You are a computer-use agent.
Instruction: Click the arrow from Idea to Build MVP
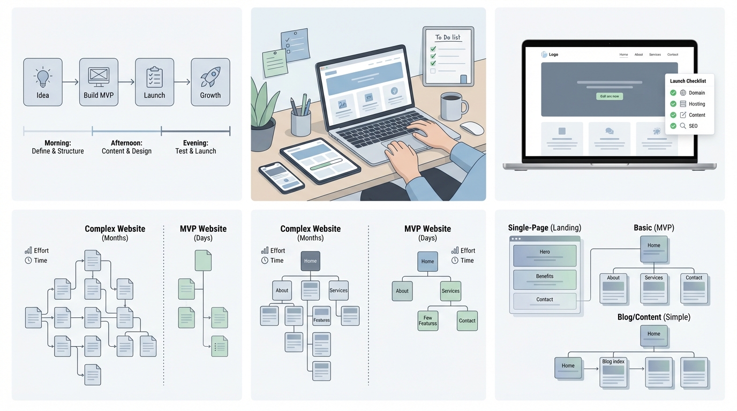coord(71,82)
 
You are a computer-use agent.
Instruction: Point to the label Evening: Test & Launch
coord(195,147)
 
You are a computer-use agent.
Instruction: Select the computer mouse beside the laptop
coord(472,128)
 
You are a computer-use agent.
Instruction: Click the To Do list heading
coord(447,37)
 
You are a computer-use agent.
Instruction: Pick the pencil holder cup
coord(300,123)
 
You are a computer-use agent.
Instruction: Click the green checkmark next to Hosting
coord(673,104)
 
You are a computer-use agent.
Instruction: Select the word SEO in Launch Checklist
coord(693,126)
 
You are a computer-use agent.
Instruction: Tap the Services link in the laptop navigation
coord(655,55)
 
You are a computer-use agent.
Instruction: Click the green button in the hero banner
coord(610,96)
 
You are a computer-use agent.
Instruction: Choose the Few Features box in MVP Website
coord(427,321)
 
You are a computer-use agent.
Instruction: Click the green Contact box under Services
coord(467,321)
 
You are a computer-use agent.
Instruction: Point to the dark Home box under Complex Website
coord(310,261)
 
